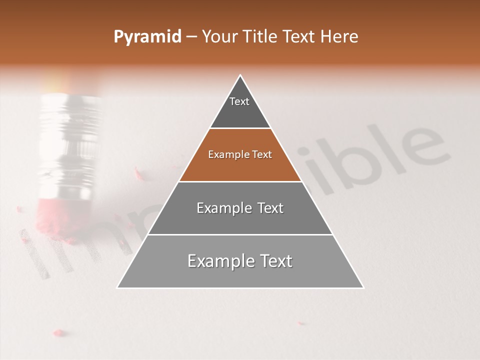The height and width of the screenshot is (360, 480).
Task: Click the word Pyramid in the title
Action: (147, 37)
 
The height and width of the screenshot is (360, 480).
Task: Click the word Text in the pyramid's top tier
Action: (239, 101)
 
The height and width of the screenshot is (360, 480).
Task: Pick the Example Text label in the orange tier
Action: (240, 154)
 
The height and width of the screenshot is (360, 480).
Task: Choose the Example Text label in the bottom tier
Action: (240, 261)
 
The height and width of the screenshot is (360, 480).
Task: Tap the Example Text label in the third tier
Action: (240, 208)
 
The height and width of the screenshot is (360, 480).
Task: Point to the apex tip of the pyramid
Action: (240, 75)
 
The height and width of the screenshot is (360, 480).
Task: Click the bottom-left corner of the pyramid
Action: (117, 287)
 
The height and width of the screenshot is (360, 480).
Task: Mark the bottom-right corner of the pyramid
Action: (363, 287)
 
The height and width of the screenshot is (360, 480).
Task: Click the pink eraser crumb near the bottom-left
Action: (59, 332)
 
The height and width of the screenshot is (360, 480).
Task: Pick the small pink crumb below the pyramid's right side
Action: (300, 323)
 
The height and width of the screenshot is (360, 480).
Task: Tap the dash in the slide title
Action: (191, 37)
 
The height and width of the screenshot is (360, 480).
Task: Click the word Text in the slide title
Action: (298, 37)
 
